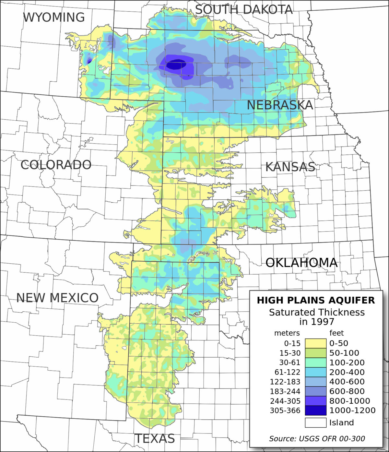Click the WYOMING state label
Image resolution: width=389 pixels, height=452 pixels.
54,17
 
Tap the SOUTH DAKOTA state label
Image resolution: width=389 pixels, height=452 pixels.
244,9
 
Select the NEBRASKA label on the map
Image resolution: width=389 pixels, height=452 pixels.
280,105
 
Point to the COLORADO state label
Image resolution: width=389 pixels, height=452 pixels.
56,165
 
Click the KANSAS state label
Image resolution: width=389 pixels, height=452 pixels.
290,167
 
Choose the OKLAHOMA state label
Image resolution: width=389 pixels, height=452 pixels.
301,263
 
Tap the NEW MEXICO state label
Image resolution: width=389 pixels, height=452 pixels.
57,298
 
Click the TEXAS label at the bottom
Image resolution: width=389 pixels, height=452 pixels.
155,439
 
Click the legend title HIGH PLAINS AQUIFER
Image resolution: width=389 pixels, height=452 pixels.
316,300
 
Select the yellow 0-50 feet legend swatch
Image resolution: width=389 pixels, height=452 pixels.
315,343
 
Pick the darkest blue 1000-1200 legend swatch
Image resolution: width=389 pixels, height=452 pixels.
315,410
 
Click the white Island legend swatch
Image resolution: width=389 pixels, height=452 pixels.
315,422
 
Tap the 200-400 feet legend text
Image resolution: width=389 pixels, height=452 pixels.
347,372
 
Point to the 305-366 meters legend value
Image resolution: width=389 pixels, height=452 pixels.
285,410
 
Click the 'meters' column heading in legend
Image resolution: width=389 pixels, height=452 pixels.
287,333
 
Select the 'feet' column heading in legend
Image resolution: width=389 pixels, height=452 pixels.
336,333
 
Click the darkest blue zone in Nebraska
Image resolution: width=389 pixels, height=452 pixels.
176,65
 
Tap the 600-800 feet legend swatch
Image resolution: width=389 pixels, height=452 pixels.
315,391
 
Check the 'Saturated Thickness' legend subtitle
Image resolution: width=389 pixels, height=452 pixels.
317,312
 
